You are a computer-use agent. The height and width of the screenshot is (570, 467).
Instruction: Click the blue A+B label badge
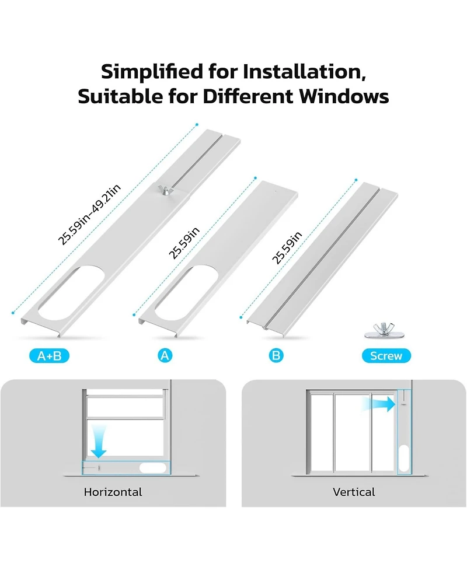49,355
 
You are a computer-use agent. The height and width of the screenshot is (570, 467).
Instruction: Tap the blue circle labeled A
165,355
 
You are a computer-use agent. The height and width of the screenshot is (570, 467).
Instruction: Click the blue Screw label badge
386,355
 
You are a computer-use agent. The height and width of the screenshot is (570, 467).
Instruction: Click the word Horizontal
113,492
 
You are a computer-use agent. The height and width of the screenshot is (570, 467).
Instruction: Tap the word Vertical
354,492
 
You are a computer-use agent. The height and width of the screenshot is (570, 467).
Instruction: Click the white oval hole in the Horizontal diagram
154,467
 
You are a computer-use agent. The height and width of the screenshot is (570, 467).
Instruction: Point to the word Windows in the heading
345,96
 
